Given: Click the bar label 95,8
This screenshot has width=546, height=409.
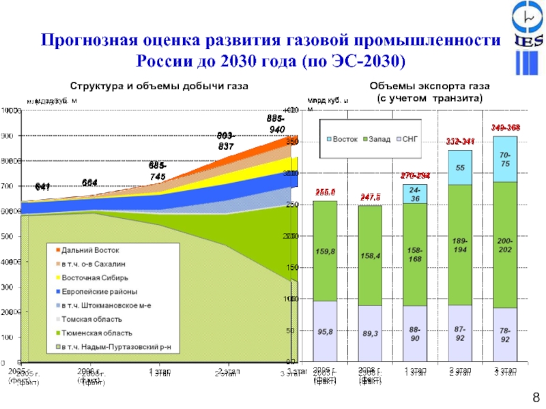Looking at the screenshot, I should [x=325, y=332].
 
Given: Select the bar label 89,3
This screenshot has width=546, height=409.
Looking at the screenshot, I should [x=369, y=334].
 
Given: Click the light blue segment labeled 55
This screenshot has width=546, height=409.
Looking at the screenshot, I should [x=461, y=168].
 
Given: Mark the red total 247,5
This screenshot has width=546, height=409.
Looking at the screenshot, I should [x=370, y=197].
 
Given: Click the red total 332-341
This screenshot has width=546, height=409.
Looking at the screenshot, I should [x=461, y=142].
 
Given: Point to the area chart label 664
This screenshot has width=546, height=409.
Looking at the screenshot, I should [x=89, y=181].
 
